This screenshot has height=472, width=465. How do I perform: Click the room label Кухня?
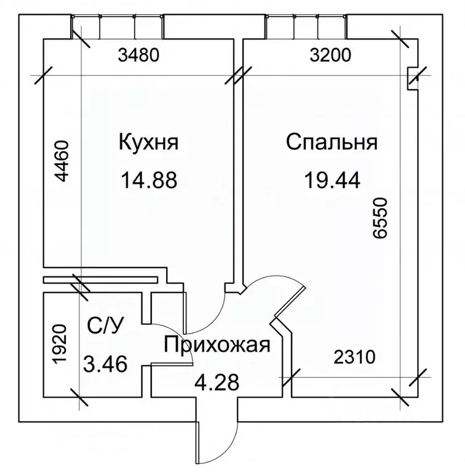pyautogui.click(x=149, y=142)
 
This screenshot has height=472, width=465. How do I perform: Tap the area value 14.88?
pyautogui.click(x=149, y=180)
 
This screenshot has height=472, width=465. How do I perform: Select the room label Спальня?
pyautogui.click(x=332, y=142)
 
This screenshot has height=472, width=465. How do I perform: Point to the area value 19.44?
pyautogui.click(x=332, y=180)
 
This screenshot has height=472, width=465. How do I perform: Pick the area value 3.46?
pyautogui.click(x=105, y=364)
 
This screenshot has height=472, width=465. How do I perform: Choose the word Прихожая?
pyautogui.click(x=217, y=345)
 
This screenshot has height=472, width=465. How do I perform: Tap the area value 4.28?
pyautogui.click(x=217, y=382)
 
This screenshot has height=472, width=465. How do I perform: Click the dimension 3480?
pyautogui.click(x=138, y=55)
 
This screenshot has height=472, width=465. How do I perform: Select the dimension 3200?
pyautogui.click(x=330, y=55)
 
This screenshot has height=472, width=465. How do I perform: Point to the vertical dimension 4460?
pyautogui.click(x=62, y=161)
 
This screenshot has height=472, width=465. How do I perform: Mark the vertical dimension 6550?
pyautogui.click(x=380, y=218)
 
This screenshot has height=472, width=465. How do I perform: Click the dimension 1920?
pyautogui.click(x=59, y=344)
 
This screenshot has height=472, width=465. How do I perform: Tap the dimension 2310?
pyautogui.click(x=355, y=357)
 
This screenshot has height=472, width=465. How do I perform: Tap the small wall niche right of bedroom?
pyautogui.click(x=412, y=79)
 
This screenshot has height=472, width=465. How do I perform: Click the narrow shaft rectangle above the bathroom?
pyautogui.click(x=100, y=280)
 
